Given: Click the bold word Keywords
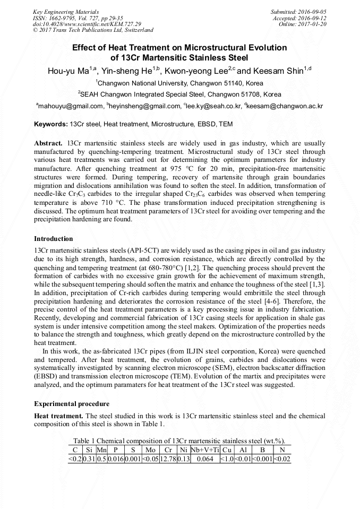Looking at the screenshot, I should pyautogui.click(x=50, y=124).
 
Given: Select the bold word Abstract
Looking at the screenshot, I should pyautogui.click(x=49, y=144).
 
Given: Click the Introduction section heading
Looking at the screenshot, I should pyautogui.click(x=54, y=239).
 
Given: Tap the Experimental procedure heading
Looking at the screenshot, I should pyautogui.click(x=72, y=404).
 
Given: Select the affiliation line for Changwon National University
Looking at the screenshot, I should pyautogui.click(x=180, y=83).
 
